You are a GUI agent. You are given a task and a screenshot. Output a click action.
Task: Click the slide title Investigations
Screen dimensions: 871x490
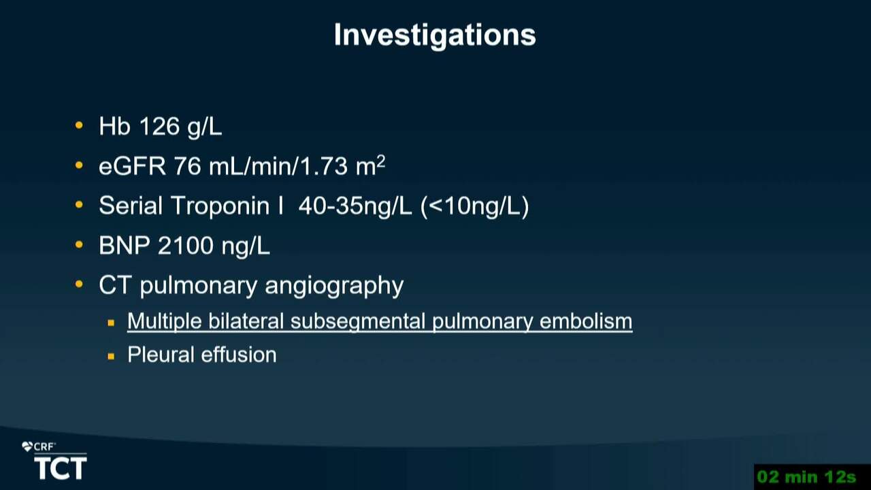point(435,35)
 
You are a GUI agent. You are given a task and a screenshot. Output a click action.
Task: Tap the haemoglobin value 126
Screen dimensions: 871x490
point(159,127)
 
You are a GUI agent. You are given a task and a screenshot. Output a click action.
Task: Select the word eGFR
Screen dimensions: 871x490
point(132,167)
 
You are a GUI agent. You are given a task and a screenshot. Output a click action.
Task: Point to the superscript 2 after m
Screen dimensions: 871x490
point(381,161)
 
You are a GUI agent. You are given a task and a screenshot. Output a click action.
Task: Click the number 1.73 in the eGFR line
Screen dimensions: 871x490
point(323,167)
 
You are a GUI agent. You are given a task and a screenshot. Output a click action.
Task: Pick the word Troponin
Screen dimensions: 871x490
point(220,206)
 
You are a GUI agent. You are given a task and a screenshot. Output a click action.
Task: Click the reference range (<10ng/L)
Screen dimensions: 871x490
point(475,206)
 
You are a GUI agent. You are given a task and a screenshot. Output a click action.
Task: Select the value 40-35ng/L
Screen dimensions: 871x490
point(355,206)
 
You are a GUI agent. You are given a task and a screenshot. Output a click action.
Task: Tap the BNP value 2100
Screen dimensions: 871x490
point(186,246)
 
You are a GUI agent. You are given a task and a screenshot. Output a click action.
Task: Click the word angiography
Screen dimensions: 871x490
point(334,287)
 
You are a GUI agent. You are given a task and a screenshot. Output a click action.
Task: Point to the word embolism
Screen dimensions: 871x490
point(586,321)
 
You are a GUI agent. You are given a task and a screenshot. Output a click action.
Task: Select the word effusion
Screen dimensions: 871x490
point(239,355)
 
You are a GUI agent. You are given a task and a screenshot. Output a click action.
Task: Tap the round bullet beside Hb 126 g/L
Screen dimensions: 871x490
point(79,125)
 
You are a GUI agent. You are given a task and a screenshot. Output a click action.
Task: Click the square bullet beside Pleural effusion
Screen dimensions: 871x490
point(111,356)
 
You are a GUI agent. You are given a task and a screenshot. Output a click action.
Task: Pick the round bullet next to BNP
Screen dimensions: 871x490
point(79,244)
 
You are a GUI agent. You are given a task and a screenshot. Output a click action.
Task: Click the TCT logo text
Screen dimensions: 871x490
point(61,468)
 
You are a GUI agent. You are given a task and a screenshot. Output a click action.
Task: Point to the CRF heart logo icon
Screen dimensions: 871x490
point(27,447)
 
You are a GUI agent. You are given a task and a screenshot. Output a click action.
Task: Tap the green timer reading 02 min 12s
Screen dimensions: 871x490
point(807,477)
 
